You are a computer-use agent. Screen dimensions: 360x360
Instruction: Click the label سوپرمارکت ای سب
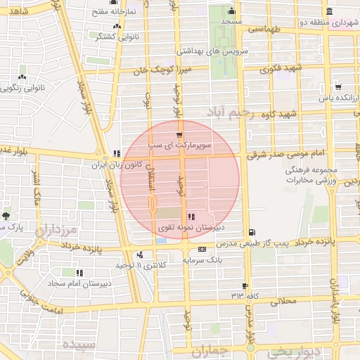click(x=179, y=145)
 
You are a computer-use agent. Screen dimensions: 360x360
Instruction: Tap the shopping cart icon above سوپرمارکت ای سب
click(x=180, y=134)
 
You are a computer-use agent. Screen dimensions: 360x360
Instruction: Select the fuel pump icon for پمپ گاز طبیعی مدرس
click(x=252, y=233)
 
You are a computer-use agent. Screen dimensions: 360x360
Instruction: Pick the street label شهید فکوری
click(x=280, y=69)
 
